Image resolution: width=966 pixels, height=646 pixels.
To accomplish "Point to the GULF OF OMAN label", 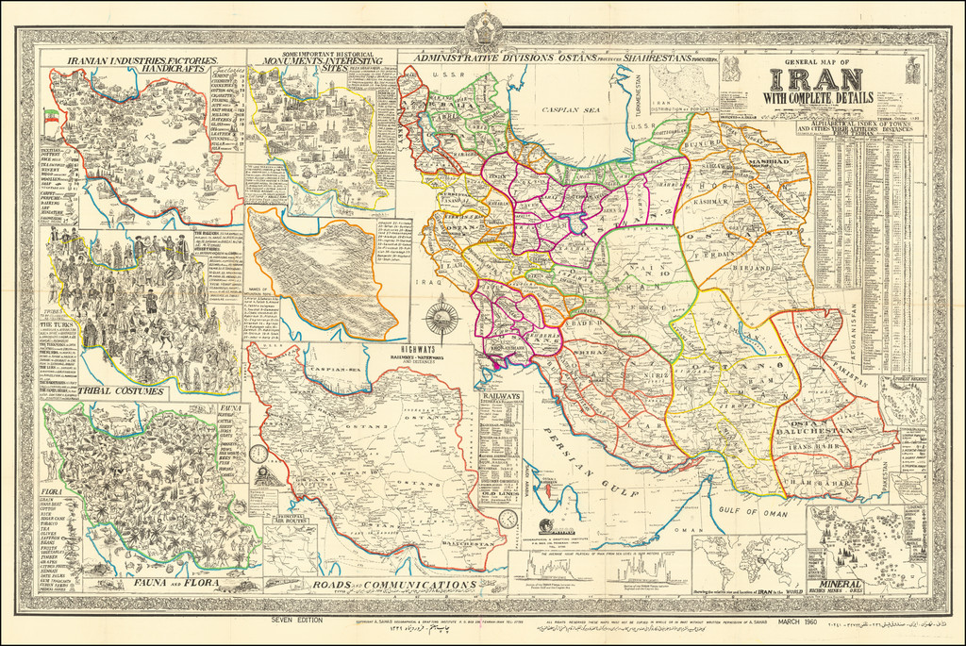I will (756, 510).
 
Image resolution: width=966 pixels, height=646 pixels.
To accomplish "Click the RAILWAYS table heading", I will (500, 397).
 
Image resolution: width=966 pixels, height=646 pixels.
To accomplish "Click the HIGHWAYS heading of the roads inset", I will (421, 347).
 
